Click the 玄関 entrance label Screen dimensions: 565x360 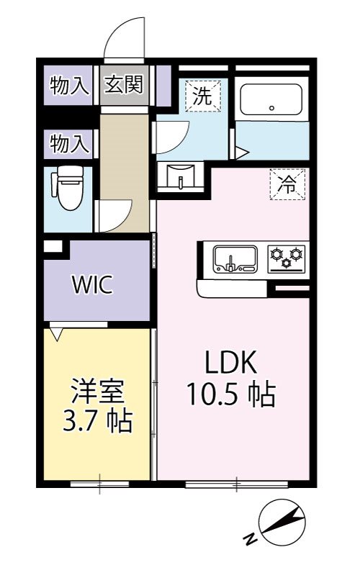124,86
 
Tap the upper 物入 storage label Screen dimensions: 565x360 69,86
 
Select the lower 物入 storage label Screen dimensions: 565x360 69,144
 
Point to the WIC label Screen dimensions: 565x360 91,285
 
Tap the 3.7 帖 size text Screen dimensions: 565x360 98,421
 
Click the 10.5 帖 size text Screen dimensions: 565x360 232,394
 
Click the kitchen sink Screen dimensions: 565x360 235,259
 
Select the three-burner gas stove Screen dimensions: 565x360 287,258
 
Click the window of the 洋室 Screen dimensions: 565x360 99,484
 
